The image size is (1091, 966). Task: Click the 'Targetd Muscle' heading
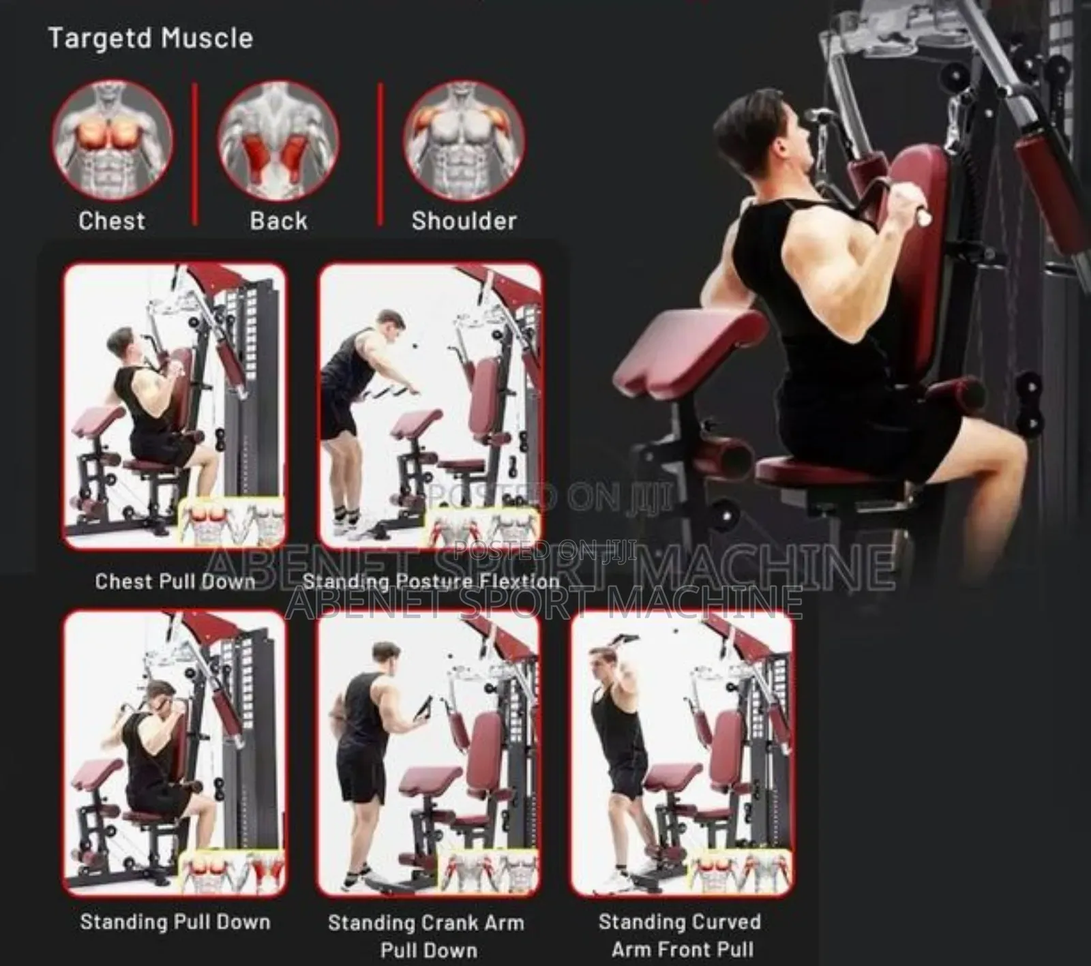(151, 38)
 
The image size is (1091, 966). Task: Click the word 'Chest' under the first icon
(113, 221)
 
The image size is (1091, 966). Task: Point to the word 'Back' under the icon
(278, 221)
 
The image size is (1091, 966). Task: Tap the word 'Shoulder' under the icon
(464, 221)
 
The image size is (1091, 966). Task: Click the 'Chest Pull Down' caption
(175, 582)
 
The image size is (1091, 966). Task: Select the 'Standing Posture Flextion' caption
(431, 582)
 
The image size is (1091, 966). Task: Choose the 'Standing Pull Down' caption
(175, 922)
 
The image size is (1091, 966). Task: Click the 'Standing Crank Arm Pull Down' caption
(427, 935)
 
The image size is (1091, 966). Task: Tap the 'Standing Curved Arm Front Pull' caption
(680, 935)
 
